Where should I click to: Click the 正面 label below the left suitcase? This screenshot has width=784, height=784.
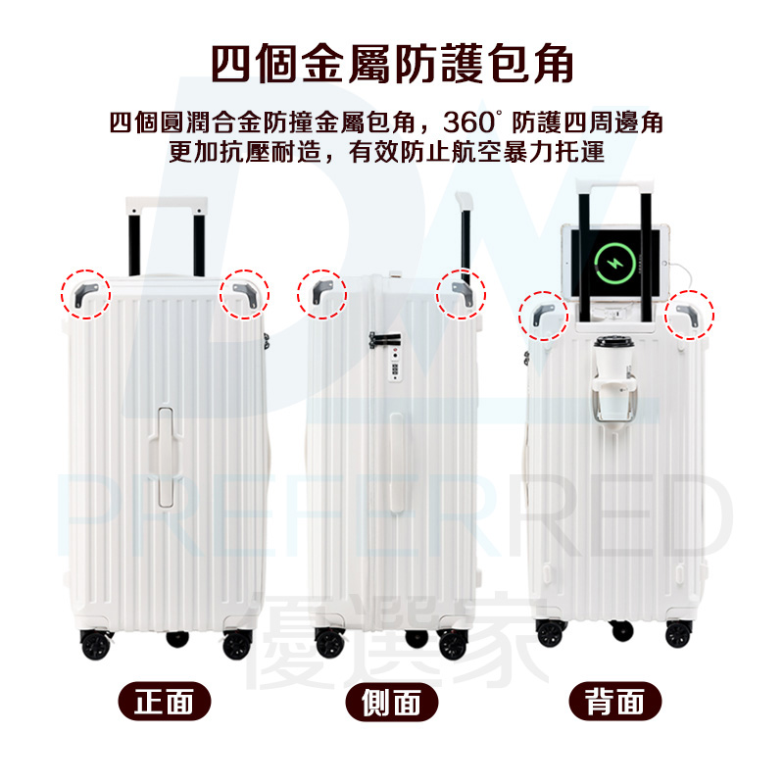click(x=164, y=701)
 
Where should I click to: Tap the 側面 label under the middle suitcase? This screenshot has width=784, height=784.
click(x=391, y=702)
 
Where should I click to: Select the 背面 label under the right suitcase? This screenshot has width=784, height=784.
click(x=615, y=701)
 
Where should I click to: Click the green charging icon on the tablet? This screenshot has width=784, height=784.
click(x=615, y=263)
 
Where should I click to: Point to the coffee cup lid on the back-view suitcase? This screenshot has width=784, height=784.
click(x=614, y=342)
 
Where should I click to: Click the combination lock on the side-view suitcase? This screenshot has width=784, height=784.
click(x=395, y=364)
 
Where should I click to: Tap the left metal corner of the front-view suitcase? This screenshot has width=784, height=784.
click(x=85, y=295)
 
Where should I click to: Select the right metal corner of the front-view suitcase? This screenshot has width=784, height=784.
click(x=245, y=295)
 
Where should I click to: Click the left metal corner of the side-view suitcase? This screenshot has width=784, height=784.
click(x=321, y=291)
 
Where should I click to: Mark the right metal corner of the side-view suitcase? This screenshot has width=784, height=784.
click(x=462, y=293)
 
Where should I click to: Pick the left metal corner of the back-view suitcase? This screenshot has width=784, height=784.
click(x=543, y=315)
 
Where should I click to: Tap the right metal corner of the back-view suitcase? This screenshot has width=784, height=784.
click(x=688, y=315)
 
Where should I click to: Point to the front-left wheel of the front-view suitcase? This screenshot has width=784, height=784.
click(x=95, y=644)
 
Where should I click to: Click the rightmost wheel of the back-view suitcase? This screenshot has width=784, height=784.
click(x=678, y=634)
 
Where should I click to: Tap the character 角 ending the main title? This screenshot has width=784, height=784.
click(x=553, y=64)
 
